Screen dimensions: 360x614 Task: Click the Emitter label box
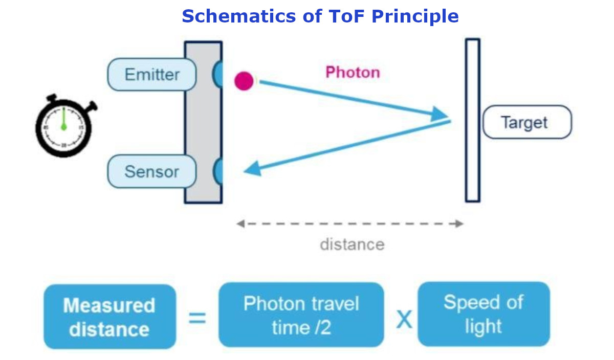151,75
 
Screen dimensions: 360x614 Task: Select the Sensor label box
151,172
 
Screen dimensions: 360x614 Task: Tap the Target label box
527,122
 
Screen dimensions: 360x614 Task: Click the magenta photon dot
244,81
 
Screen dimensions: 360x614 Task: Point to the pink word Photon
353,72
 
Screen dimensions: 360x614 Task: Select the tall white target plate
472,120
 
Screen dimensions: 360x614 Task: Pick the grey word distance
352,244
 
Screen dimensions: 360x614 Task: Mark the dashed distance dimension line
350,223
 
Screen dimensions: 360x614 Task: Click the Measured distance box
109,317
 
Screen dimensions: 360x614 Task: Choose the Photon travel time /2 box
301,315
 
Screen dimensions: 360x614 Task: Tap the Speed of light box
484,314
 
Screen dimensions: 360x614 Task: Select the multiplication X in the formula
404,320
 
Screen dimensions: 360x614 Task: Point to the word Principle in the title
414,16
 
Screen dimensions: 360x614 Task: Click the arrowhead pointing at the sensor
252,169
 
